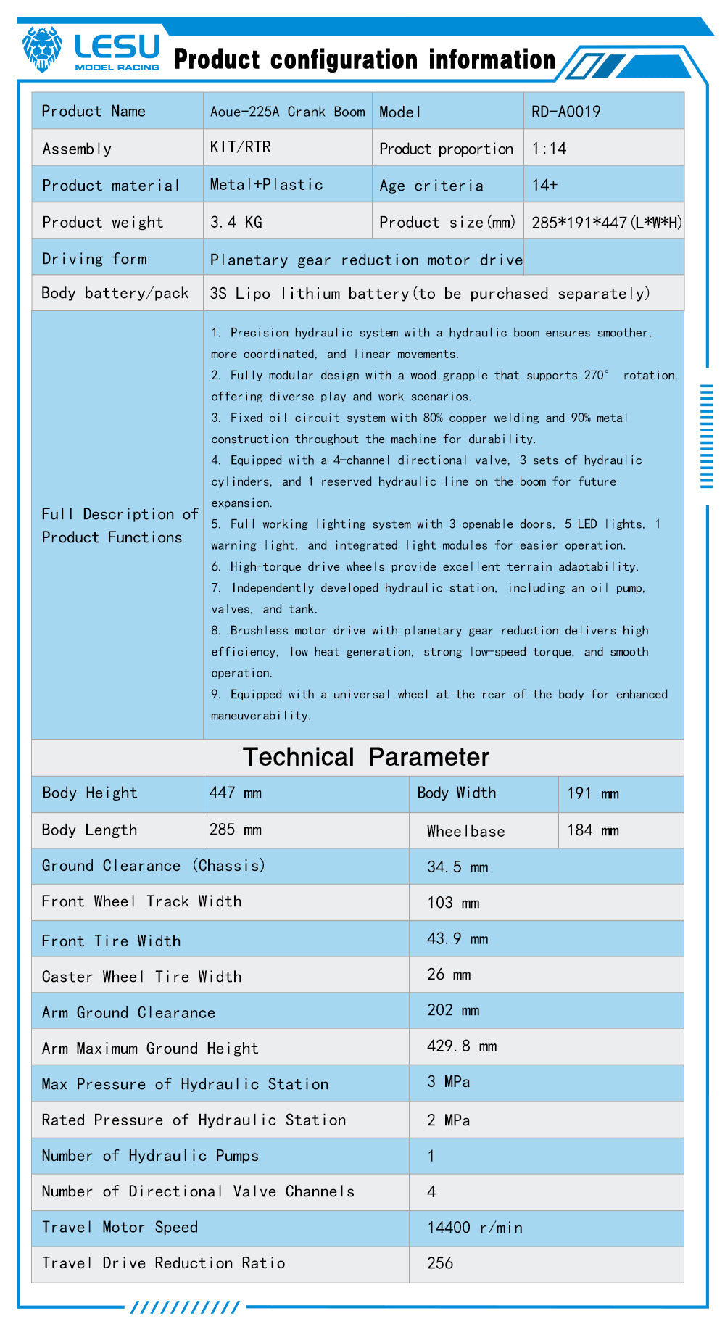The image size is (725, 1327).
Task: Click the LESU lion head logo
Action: (42, 49)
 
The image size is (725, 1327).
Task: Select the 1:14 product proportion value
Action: (549, 149)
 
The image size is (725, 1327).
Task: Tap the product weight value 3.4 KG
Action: (236, 222)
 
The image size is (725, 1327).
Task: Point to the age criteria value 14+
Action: (544, 185)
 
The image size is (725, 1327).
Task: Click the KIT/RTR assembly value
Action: (240, 147)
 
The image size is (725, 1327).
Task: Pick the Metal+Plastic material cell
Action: (266, 185)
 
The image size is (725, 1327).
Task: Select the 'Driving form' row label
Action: (94, 259)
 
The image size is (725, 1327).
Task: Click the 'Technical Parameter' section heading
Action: (365, 757)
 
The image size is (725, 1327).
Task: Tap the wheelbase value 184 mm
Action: (592, 830)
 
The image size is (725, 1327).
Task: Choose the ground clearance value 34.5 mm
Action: (457, 867)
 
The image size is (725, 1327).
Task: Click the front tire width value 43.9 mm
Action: (457, 939)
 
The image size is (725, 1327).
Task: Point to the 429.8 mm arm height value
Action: (462, 1046)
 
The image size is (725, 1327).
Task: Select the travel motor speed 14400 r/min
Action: (475, 1227)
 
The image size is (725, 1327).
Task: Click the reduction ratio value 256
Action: (440, 1263)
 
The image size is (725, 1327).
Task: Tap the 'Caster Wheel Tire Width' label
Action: (141, 977)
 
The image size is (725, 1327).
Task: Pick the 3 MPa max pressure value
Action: (448, 1082)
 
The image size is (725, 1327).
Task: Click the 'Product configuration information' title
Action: (364, 59)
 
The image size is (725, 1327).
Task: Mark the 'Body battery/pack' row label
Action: (115, 293)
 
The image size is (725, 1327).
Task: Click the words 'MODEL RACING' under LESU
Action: (117, 67)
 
